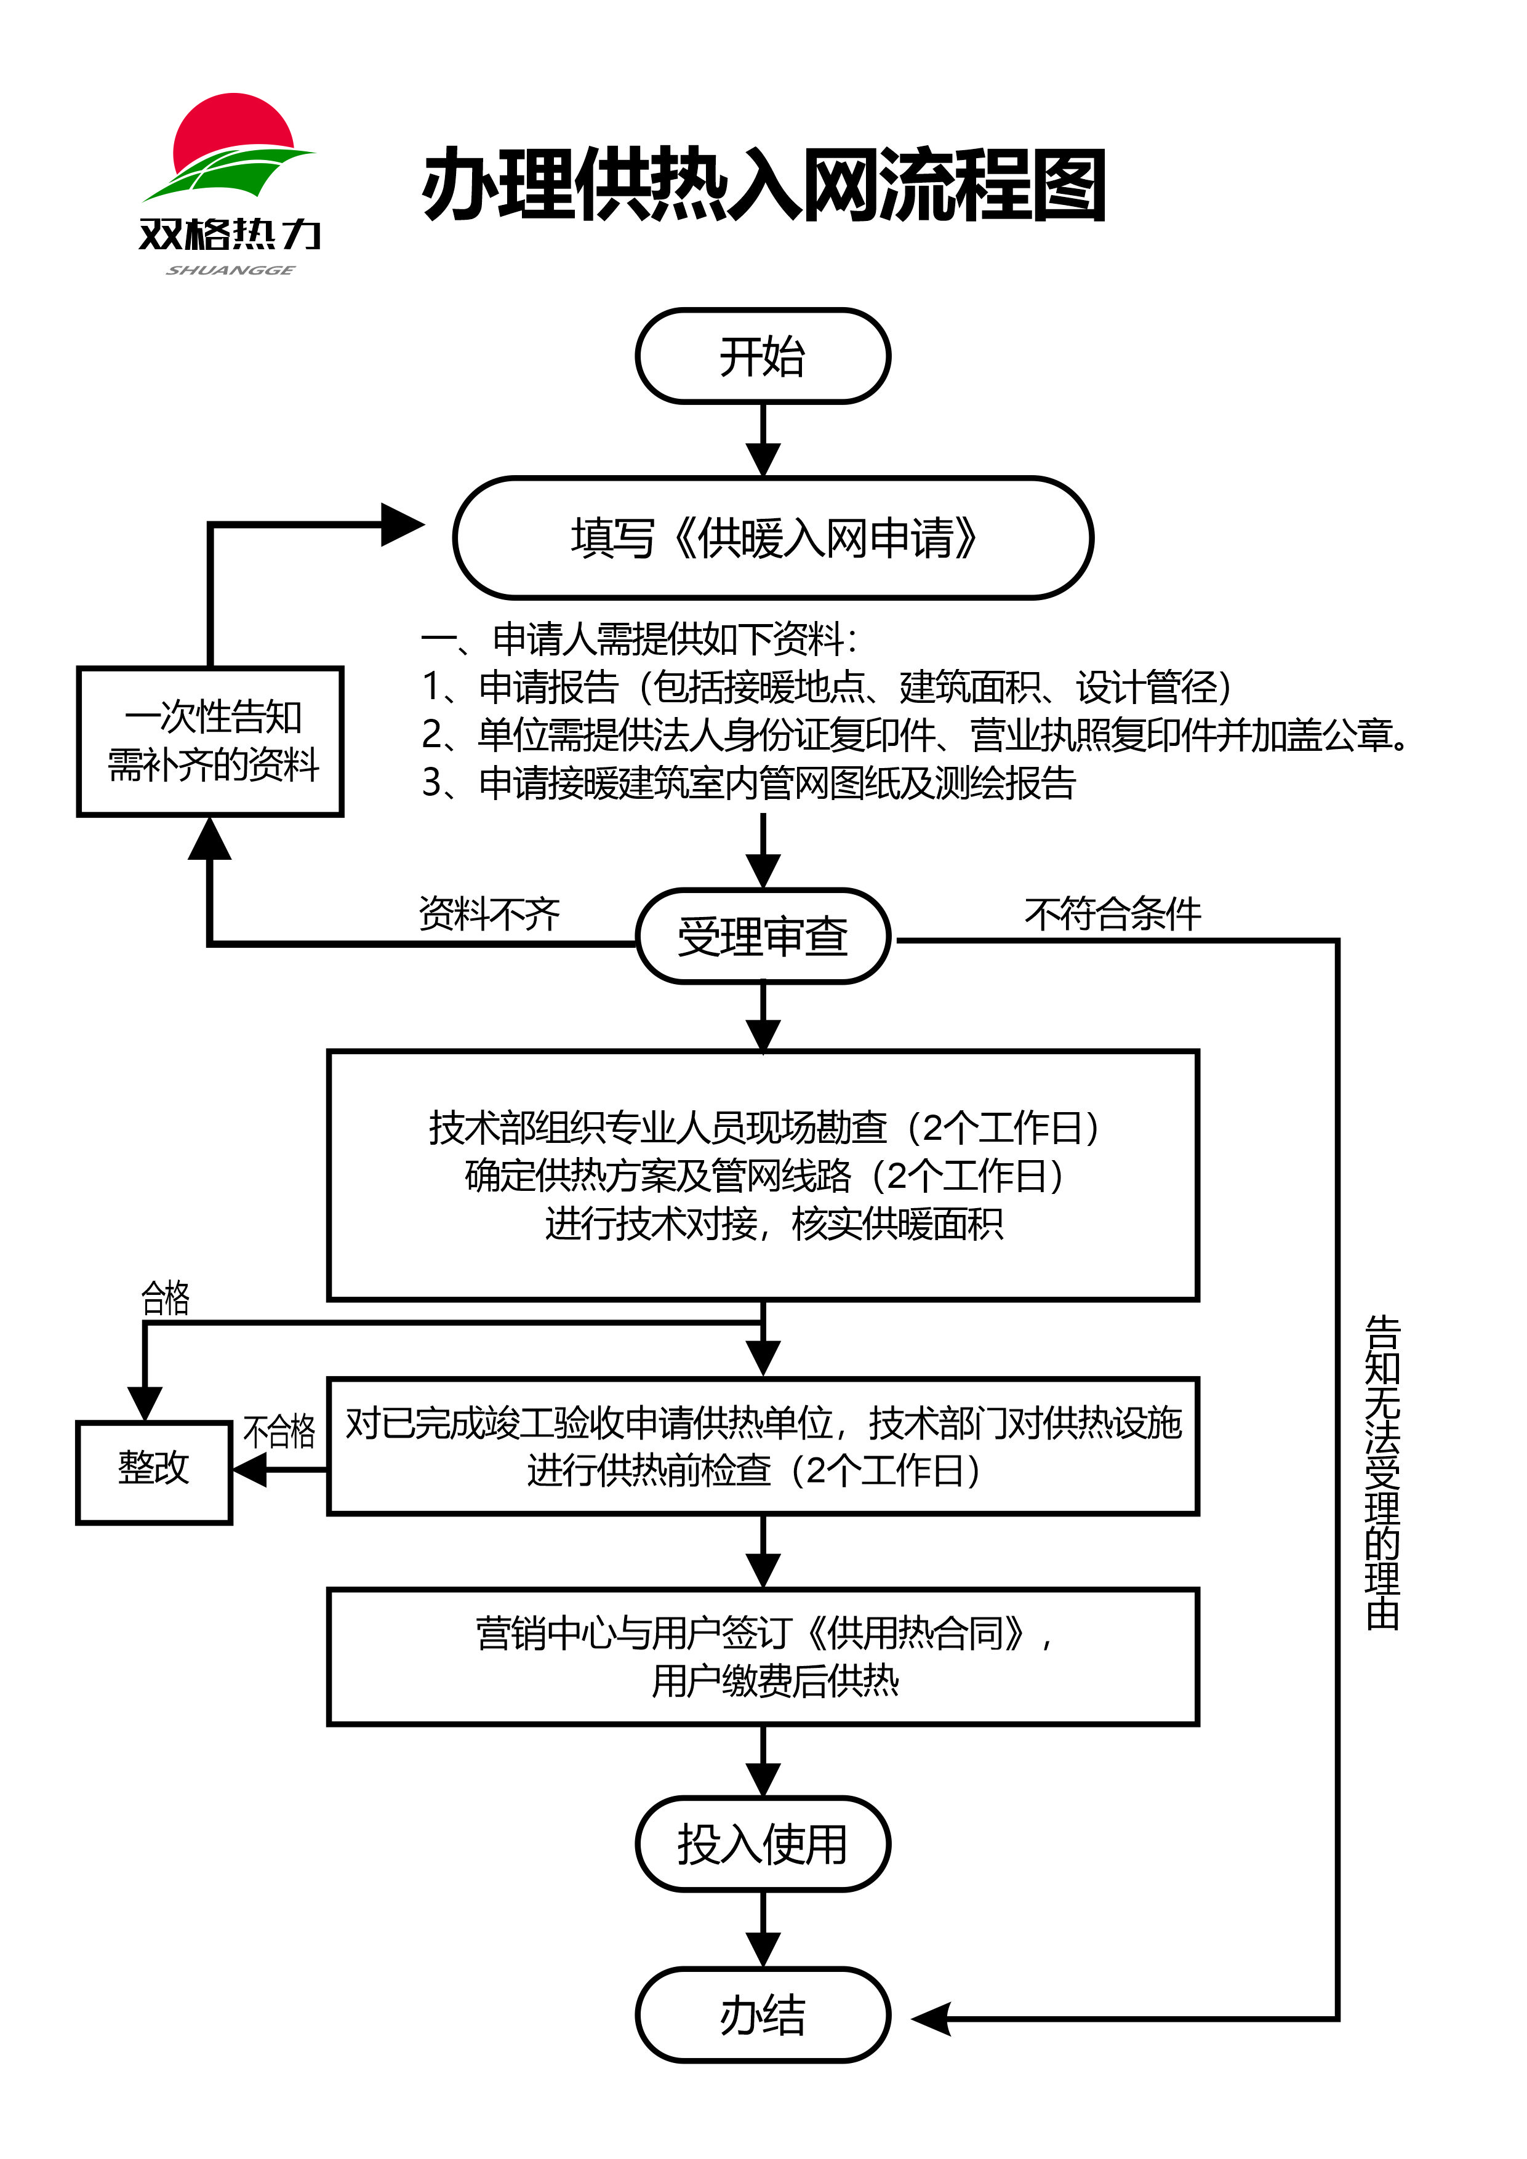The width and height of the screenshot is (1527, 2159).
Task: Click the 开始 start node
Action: pyautogui.click(x=763, y=356)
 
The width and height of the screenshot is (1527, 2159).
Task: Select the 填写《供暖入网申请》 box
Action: pyautogui.click(x=773, y=538)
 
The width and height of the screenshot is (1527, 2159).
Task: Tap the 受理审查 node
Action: pyautogui.click(x=763, y=937)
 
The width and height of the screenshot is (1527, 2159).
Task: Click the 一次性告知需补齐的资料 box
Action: pyautogui.click(x=210, y=741)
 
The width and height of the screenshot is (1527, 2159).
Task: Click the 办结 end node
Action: pyautogui.click(x=763, y=2014)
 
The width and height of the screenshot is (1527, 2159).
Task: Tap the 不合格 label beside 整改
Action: pyautogui.click(x=279, y=1431)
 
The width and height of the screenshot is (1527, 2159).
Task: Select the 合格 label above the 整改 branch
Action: pyautogui.click(x=166, y=1299)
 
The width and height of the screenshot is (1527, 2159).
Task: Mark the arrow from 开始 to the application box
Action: pyautogui.click(x=763, y=440)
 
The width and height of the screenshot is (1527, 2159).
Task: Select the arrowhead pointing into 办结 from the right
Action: pyautogui.click(x=932, y=2018)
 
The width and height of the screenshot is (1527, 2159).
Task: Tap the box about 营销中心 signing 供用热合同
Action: pyautogui.click(x=763, y=1657)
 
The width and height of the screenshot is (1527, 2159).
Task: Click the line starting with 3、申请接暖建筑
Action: pyautogui.click(x=748, y=782)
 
